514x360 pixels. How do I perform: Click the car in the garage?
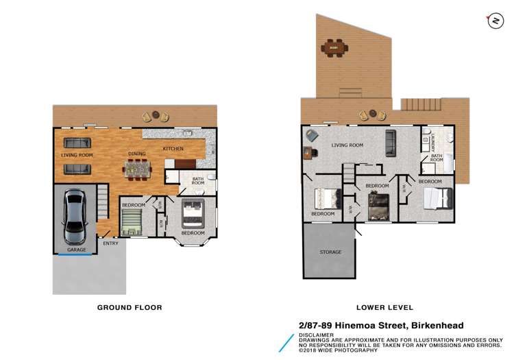coord(75,217)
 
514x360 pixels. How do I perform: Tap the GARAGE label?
coord(77,250)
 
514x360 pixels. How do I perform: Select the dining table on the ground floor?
coord(137,169)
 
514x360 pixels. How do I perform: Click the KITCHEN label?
coord(173,149)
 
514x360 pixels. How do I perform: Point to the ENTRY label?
coord(110,243)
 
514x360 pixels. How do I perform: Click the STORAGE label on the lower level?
coord(330,252)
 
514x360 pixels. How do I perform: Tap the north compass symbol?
coord(495,21)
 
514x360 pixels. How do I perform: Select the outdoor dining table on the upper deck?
coord(334,48)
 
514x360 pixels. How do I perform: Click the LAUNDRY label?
coord(433,142)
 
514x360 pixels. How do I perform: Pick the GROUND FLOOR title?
coord(130,307)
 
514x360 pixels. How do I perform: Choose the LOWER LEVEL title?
coord(385,307)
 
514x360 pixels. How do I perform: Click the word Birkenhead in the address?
coord(437,326)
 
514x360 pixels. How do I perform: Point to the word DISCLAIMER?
coord(316,335)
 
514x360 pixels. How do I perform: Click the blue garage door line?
coord(75,254)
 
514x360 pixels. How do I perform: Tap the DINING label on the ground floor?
coord(137,154)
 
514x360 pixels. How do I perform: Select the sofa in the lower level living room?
coord(391,143)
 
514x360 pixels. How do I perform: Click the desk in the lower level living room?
coord(308,153)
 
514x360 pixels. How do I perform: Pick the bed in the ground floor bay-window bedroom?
coord(193,213)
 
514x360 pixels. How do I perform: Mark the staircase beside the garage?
coord(103,202)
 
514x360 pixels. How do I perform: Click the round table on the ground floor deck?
coord(156,115)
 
